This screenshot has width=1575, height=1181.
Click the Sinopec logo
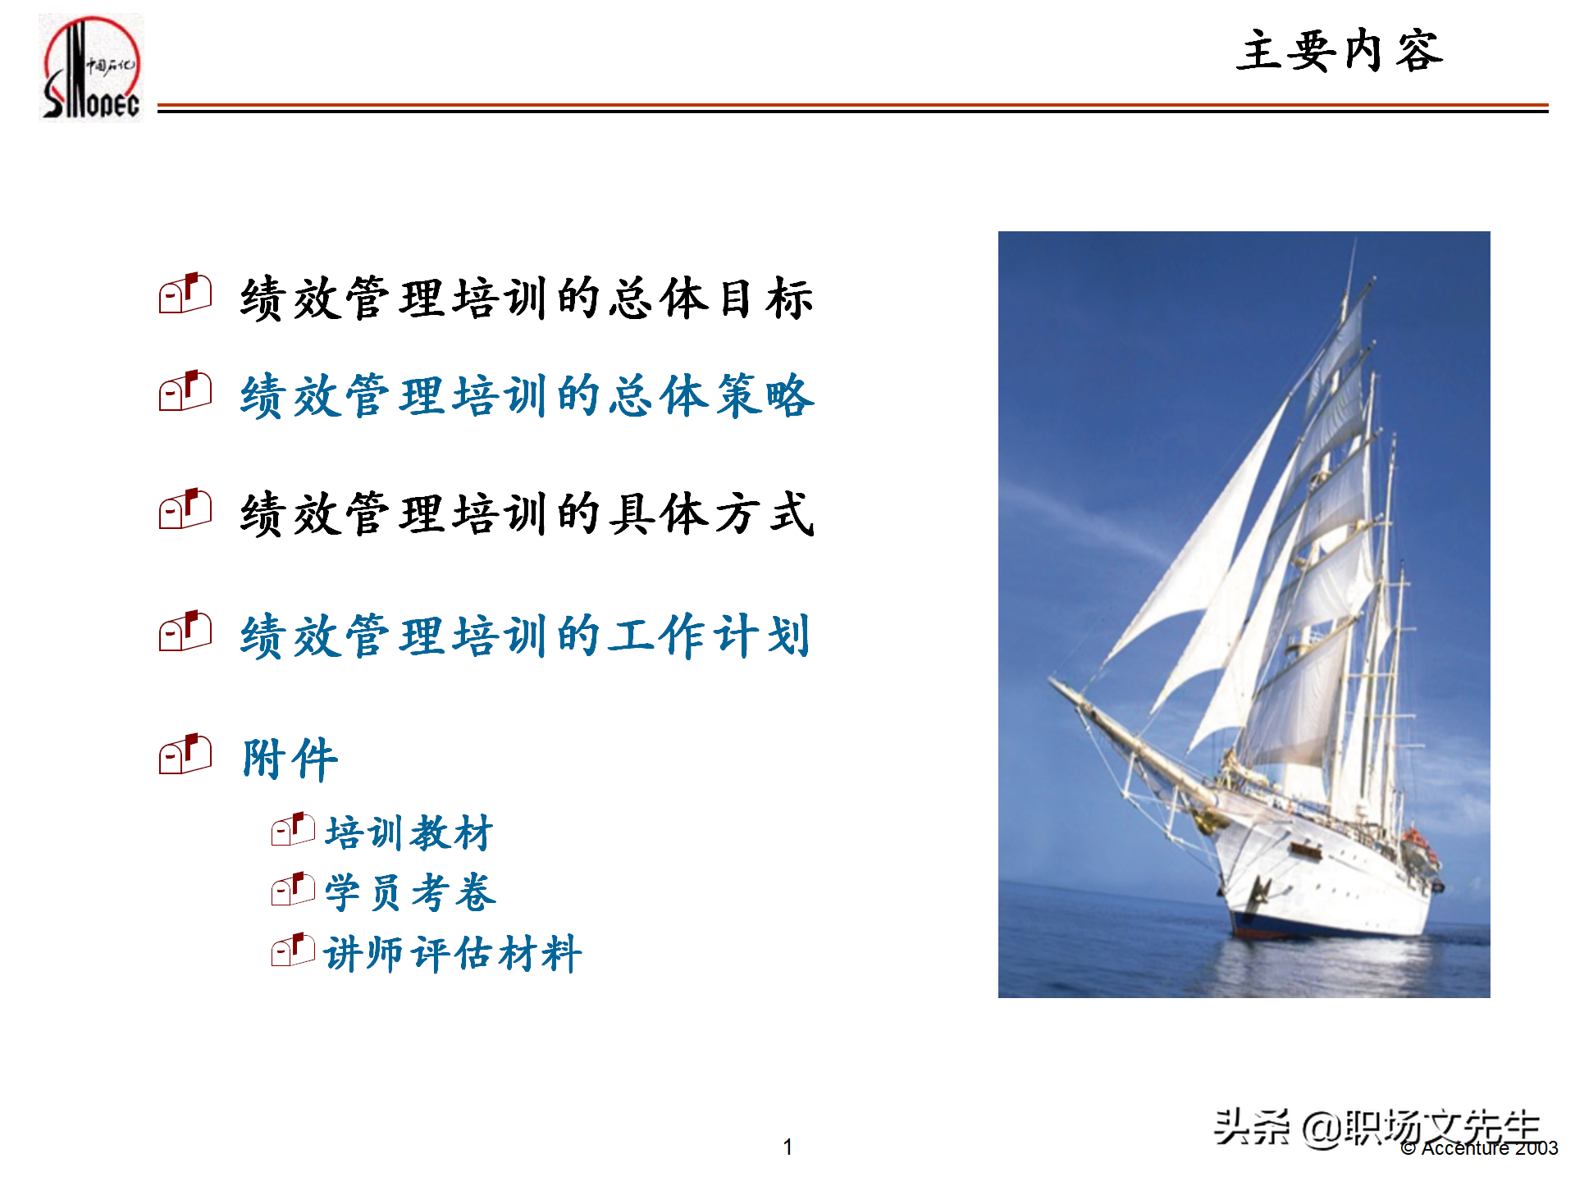point(91,68)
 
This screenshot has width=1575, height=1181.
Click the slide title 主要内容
point(1339,52)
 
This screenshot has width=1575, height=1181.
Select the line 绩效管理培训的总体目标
point(526,298)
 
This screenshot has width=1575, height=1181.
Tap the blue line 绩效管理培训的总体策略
point(527,396)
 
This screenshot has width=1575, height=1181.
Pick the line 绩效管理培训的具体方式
point(527,514)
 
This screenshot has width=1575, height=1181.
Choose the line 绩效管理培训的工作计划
point(525,636)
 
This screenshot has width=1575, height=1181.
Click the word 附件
point(290,758)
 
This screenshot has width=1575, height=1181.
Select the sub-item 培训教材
point(409,832)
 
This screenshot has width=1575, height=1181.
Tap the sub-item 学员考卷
point(410,892)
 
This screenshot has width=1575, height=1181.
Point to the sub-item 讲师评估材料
point(453,953)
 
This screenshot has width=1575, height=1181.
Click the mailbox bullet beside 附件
point(185,754)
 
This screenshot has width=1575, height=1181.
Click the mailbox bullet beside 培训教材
point(293,829)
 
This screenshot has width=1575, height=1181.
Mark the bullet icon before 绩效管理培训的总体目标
point(185,293)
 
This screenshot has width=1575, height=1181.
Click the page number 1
point(787,1147)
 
